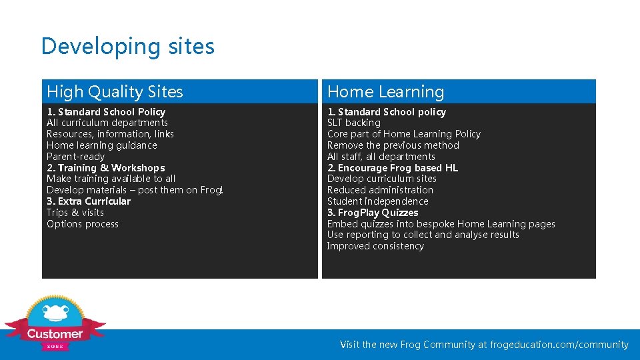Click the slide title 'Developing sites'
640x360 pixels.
click(x=127, y=46)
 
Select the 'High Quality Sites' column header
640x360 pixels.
click(x=115, y=92)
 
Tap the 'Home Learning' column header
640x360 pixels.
click(x=385, y=92)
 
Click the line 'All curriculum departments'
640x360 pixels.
click(x=107, y=123)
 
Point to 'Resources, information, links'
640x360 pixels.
click(x=110, y=134)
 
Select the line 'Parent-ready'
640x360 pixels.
click(x=75, y=157)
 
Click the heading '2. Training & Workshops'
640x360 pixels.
click(x=105, y=168)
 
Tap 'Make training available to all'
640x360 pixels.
click(x=111, y=179)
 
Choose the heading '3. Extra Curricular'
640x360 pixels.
click(x=88, y=201)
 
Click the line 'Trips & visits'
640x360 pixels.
click(x=75, y=213)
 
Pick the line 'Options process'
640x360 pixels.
click(x=83, y=224)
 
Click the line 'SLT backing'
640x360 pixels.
click(x=353, y=123)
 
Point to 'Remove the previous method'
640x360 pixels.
click(x=393, y=145)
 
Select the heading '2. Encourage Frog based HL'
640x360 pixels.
click(x=392, y=168)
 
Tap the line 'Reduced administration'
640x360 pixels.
click(x=380, y=190)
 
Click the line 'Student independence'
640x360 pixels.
click(x=377, y=201)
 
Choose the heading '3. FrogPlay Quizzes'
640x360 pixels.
click(x=373, y=213)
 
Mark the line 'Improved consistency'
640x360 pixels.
click(x=375, y=246)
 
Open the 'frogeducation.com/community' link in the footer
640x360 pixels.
click(x=559, y=345)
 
